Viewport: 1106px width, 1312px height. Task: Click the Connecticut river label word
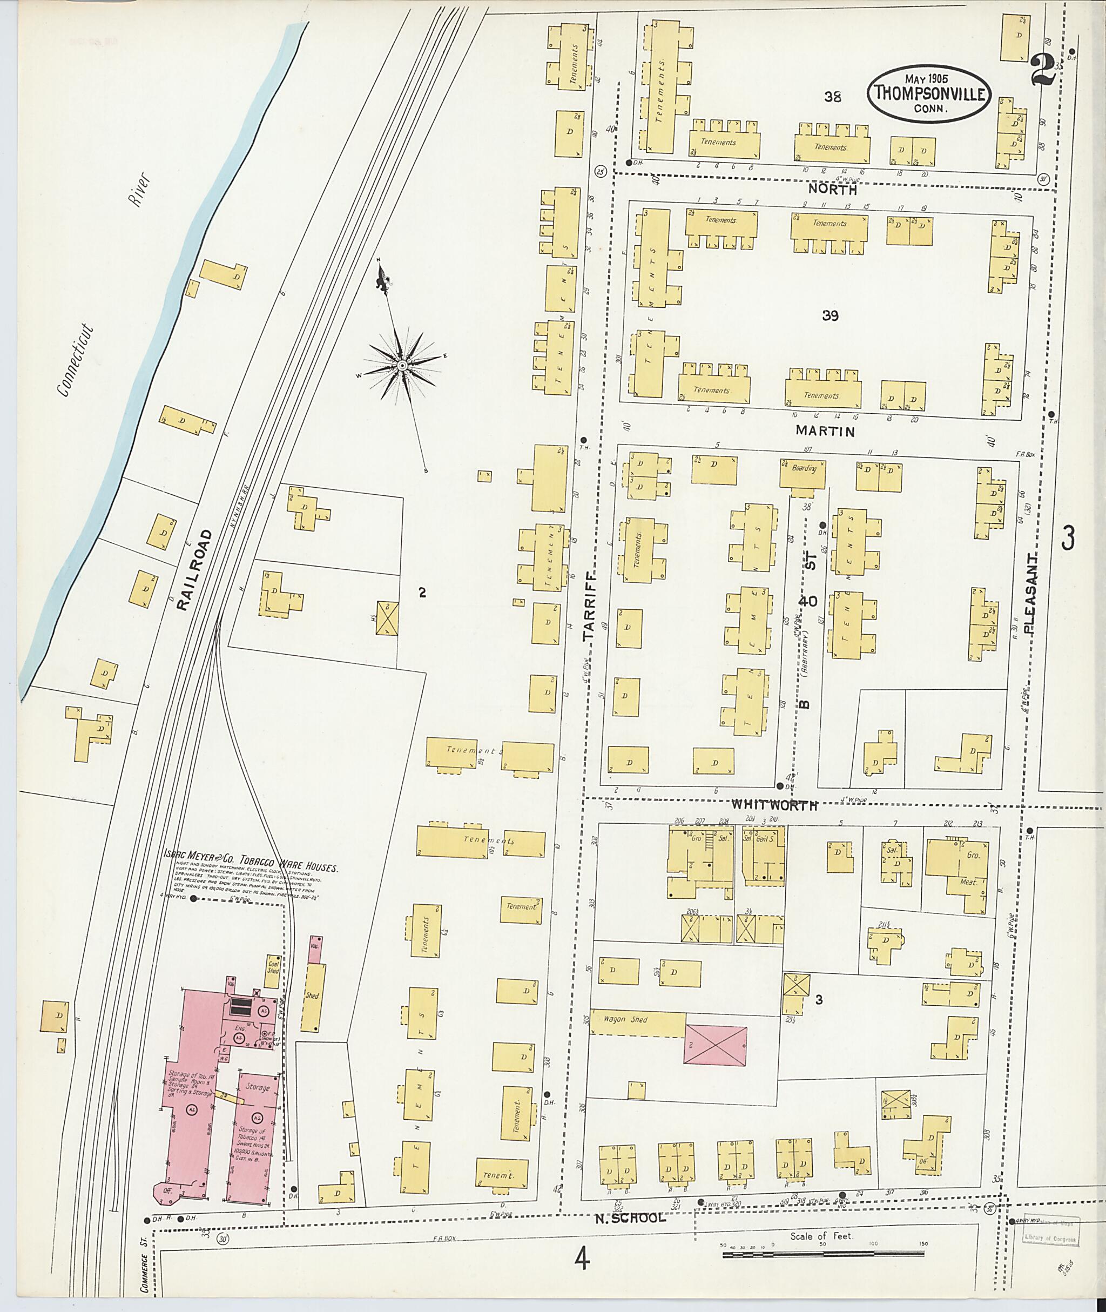pyautogui.click(x=75, y=361)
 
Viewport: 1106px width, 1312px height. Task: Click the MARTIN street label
pyautogui.click(x=825, y=431)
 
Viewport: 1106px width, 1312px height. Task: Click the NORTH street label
pyautogui.click(x=831, y=188)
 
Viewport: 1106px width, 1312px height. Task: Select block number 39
pyautogui.click(x=830, y=316)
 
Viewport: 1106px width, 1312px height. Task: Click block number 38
pyautogui.click(x=833, y=97)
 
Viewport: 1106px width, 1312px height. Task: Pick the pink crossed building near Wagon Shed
pyautogui.click(x=716, y=1044)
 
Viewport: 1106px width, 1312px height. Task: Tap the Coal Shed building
pyautogui.click(x=273, y=965)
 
